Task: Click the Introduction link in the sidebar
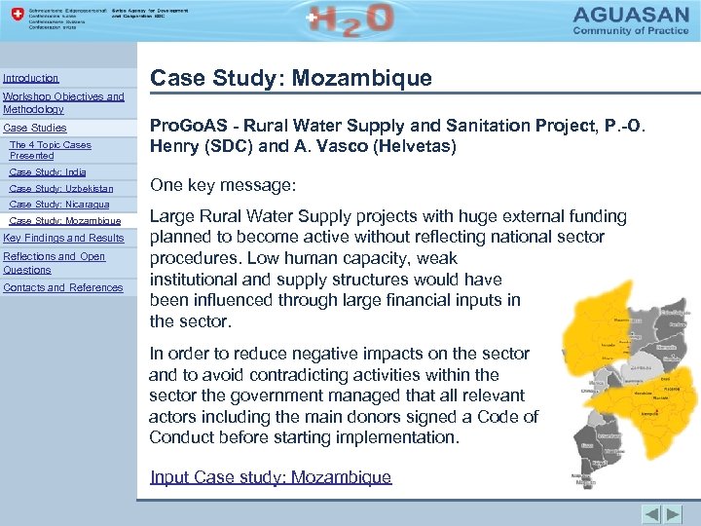(x=31, y=78)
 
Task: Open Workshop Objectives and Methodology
(x=63, y=102)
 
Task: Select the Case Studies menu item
(x=35, y=128)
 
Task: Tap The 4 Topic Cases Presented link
(x=50, y=150)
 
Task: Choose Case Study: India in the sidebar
(x=47, y=171)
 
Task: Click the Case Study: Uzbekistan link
(x=60, y=188)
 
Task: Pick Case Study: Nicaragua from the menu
(x=58, y=205)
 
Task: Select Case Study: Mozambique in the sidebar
(x=64, y=221)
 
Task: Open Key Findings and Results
(x=64, y=238)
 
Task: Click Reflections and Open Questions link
(x=54, y=263)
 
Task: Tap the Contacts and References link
(x=63, y=287)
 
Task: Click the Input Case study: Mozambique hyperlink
(x=271, y=477)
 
